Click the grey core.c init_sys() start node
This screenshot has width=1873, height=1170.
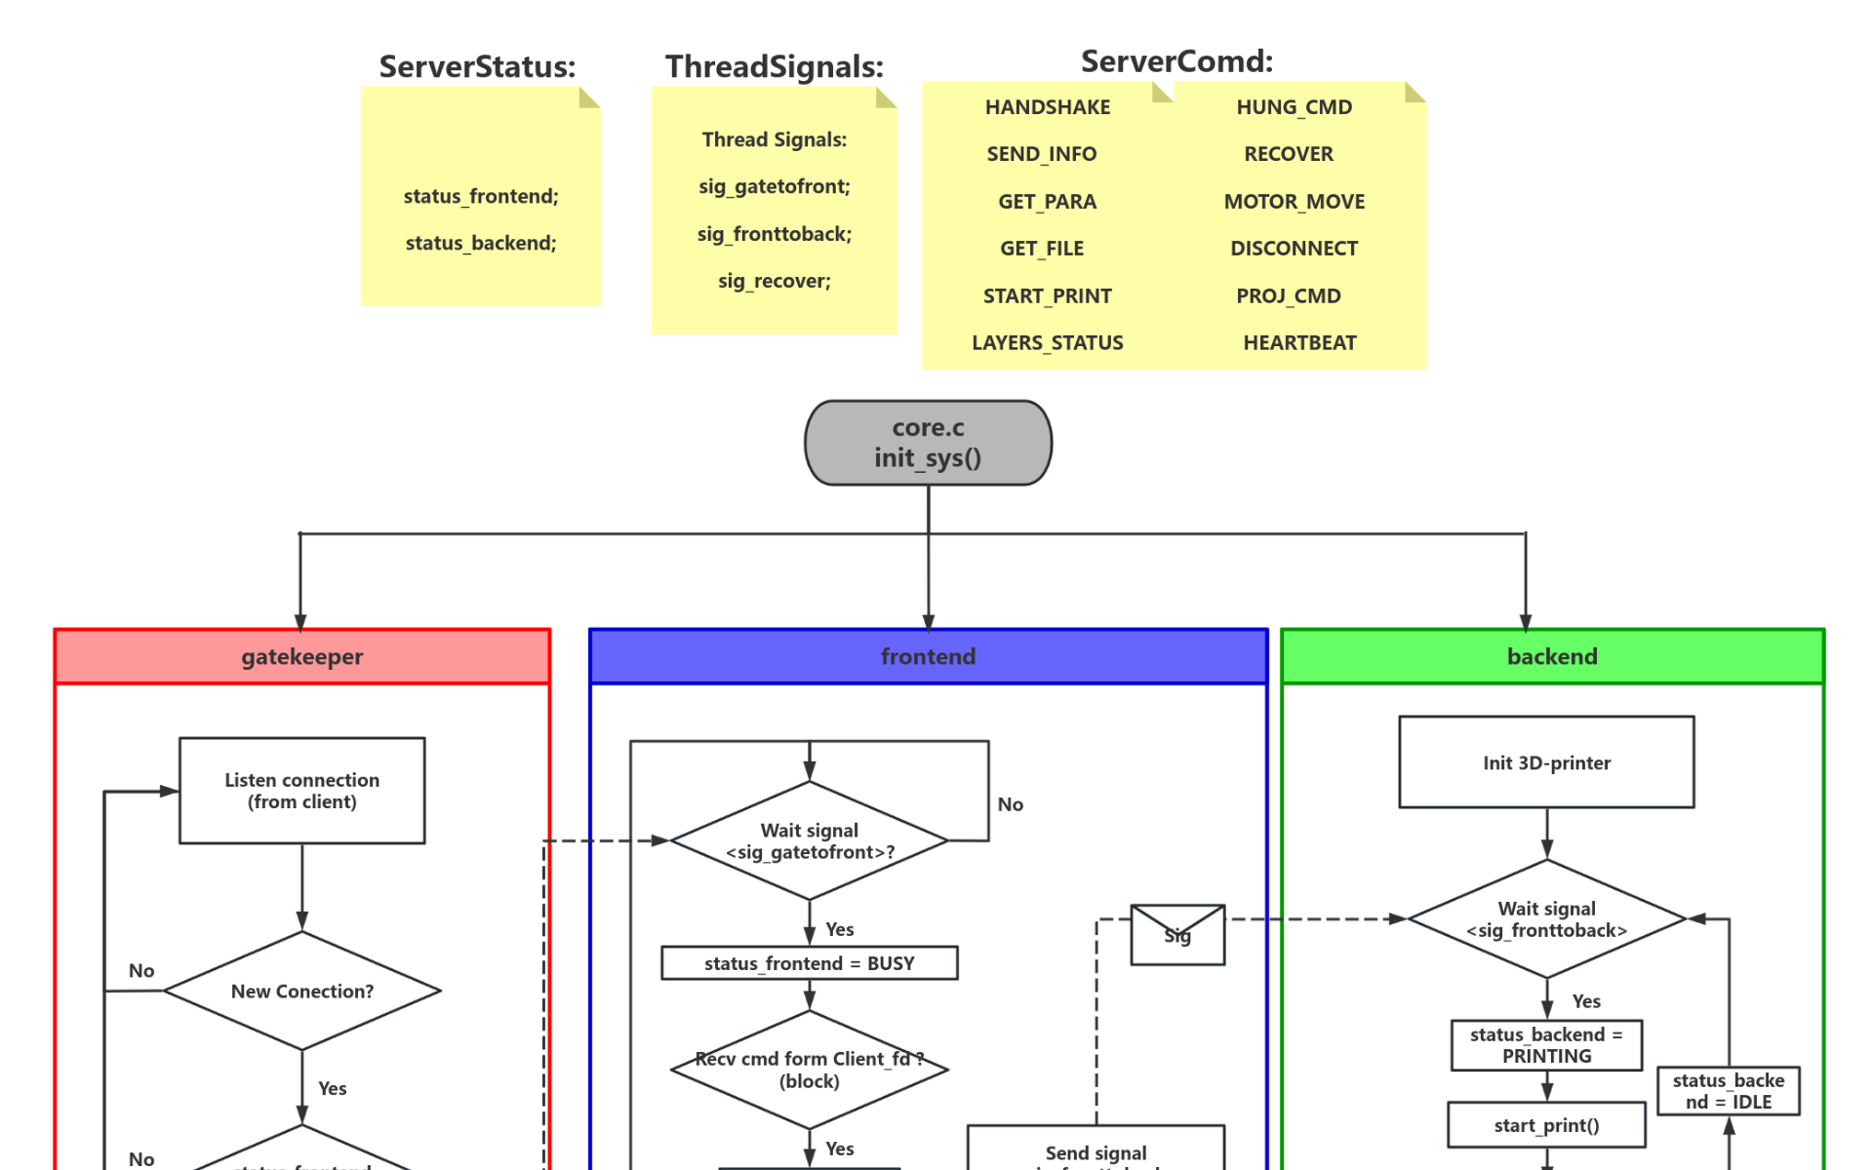[928, 443]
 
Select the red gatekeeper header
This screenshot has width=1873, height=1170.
[301, 656]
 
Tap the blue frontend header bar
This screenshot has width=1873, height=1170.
[928, 656]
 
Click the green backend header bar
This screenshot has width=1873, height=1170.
[1551, 656]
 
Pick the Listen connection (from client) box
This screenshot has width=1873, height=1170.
[301, 791]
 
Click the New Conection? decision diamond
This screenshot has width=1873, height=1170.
[301, 991]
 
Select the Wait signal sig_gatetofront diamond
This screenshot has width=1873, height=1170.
[809, 840]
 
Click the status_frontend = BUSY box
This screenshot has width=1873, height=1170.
[809, 963]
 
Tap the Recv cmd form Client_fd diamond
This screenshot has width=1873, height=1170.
[809, 1070]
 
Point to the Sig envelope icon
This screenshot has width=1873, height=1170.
[1176, 935]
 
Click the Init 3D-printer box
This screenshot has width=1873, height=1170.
[1546, 762]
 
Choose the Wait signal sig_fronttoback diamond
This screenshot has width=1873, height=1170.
[1546, 918]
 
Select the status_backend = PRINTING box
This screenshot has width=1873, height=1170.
[1546, 1045]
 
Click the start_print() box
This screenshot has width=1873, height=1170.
[1546, 1125]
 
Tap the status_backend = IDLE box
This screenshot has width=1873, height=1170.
[1728, 1091]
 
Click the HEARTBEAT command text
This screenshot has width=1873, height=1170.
[1299, 342]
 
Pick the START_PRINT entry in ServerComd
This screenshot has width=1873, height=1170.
[1047, 295]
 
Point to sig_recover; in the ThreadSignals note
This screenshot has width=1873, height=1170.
[775, 281]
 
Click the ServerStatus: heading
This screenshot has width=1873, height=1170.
[477, 66]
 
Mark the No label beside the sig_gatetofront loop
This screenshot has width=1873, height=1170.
[1010, 804]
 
